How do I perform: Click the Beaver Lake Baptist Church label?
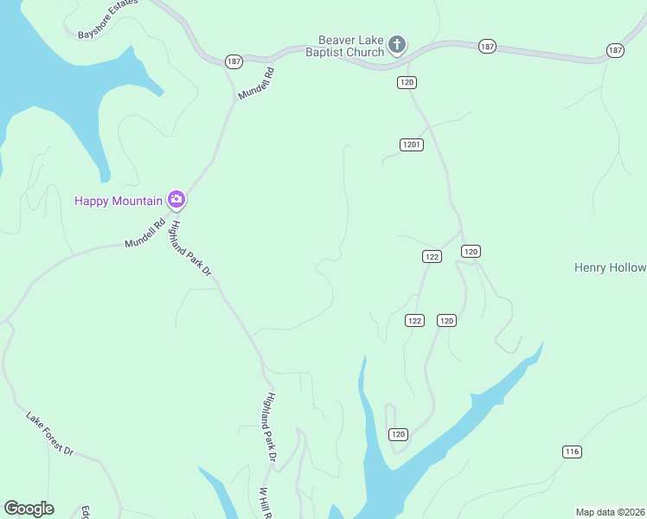pyautogui.click(x=351, y=46)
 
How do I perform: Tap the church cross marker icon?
pyautogui.click(x=397, y=44)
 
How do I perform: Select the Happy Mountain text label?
pyautogui.click(x=119, y=201)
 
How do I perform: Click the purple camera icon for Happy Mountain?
pyautogui.click(x=176, y=200)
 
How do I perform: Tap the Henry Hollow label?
pyautogui.click(x=610, y=267)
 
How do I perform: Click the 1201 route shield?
pyautogui.click(x=412, y=144)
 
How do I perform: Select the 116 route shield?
pyautogui.click(x=571, y=452)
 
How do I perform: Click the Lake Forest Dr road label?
pyautogui.click(x=50, y=433)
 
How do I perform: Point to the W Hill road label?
pyautogui.click(x=266, y=502)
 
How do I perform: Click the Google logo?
pyautogui.click(x=29, y=509)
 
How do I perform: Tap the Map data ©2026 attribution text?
pyautogui.click(x=611, y=512)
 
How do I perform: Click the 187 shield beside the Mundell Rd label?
pyautogui.click(x=234, y=61)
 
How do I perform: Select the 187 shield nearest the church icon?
pyautogui.click(x=486, y=45)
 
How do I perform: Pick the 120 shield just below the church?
pyautogui.click(x=407, y=82)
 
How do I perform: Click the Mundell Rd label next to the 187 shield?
pyautogui.click(x=256, y=82)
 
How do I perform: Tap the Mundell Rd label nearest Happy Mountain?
pyautogui.click(x=144, y=233)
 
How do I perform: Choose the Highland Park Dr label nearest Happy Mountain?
pyautogui.click(x=191, y=248)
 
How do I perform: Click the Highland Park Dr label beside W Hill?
pyautogui.click(x=271, y=426)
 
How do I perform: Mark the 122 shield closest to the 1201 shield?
pyautogui.click(x=432, y=256)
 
